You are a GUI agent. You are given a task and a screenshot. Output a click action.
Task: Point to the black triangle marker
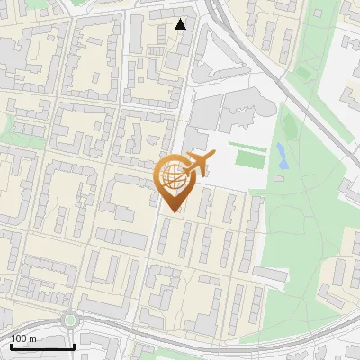coord(181,24)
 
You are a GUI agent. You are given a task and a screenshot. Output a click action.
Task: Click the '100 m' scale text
coord(23,338)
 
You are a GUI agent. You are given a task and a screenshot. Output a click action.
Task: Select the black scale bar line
coord(42,346)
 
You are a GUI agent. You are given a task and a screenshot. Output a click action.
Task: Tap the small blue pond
coord(282,155)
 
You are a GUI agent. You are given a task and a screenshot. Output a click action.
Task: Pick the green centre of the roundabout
coord(70,319)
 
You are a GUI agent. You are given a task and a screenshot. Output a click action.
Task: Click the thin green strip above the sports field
coord(247,144)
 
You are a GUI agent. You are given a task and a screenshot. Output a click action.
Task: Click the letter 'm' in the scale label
coord(31,338)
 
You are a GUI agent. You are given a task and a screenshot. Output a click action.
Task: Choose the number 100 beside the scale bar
coord(19,338)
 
